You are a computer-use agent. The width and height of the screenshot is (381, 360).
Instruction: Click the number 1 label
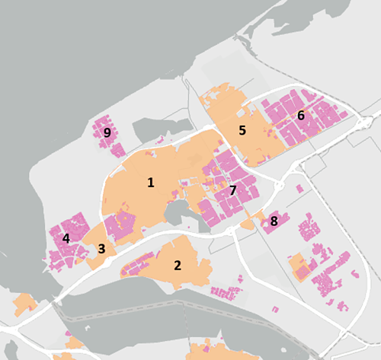151,182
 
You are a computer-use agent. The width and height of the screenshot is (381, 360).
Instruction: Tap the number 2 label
178,266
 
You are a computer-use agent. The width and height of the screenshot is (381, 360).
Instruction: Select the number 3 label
101,249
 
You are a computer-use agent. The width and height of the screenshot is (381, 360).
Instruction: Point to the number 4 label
66,238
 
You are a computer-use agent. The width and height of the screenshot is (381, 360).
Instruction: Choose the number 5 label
242,130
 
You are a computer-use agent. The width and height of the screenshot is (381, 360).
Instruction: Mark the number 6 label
301,116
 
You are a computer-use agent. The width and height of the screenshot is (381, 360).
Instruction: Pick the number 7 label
233,190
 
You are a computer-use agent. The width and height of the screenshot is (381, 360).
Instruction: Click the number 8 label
274,221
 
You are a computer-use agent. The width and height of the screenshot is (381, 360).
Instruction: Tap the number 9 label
107,132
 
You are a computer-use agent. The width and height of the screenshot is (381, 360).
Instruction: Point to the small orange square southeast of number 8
297,263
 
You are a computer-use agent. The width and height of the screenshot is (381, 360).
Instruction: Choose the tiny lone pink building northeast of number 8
299,187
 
